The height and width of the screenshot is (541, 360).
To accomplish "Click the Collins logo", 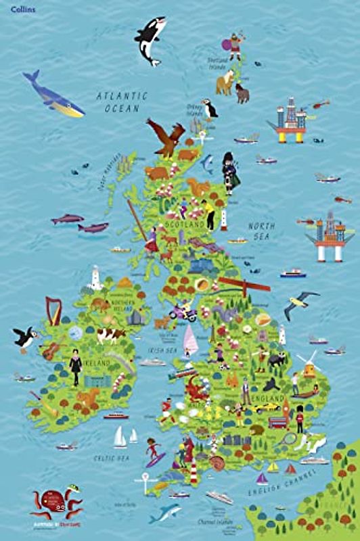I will pos(18,9).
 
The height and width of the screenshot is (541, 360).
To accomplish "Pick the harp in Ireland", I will pos(53,310).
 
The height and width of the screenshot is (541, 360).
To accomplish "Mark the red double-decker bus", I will pos(278,422).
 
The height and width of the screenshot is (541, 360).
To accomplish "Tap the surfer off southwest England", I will pos(155,451).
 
